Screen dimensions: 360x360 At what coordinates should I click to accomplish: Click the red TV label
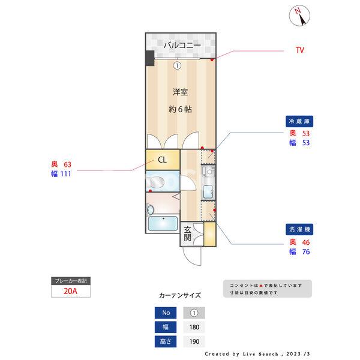click(299, 50)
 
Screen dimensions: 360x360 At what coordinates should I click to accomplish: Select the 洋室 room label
click(180, 92)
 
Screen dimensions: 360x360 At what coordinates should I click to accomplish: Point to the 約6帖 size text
click(180, 109)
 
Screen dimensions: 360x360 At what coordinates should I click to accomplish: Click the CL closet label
click(162, 160)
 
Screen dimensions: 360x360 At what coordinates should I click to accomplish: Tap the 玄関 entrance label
click(188, 233)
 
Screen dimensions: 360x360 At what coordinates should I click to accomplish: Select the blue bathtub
click(161, 226)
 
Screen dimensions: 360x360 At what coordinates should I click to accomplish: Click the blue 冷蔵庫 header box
click(299, 121)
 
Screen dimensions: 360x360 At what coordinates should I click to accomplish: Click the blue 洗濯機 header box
click(299, 230)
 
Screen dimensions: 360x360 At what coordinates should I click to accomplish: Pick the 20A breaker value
click(70, 292)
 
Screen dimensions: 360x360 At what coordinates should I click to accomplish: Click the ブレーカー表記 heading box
click(70, 281)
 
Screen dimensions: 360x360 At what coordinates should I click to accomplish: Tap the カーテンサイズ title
click(180, 296)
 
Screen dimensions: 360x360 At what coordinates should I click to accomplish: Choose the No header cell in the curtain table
click(166, 313)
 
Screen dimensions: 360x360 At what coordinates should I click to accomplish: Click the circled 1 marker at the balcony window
click(178, 65)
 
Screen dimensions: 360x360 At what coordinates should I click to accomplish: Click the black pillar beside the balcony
click(149, 58)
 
